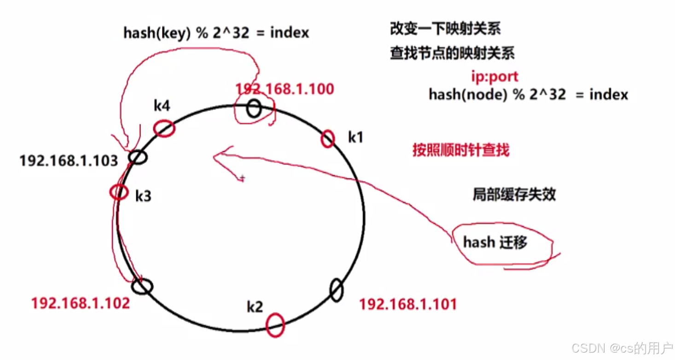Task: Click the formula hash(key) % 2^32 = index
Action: tap(216, 33)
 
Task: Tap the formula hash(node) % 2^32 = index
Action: tap(528, 95)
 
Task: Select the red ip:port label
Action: tap(495, 76)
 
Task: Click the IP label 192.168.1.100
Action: tap(285, 89)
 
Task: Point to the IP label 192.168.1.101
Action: tap(407, 304)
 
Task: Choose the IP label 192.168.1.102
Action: tap(80, 303)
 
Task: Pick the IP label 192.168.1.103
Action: tap(69, 161)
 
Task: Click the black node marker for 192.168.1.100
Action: tap(254, 109)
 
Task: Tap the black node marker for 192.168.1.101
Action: tap(337, 290)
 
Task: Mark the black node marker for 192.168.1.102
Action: tap(142, 286)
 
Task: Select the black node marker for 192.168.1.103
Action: tap(138, 157)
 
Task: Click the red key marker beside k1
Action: tap(327, 139)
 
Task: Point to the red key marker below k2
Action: tap(275, 325)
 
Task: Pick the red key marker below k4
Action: tap(164, 128)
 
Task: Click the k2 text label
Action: tap(254, 307)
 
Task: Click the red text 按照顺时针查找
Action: tap(460, 150)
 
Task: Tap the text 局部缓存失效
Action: tap(514, 194)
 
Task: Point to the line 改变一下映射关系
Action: tap(445, 29)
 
